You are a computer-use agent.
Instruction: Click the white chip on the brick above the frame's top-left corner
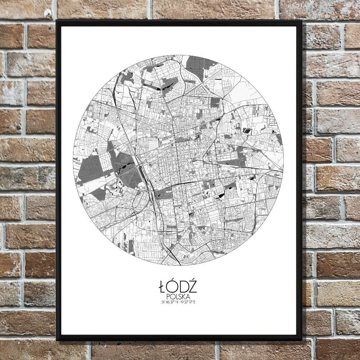tap(48, 14)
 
